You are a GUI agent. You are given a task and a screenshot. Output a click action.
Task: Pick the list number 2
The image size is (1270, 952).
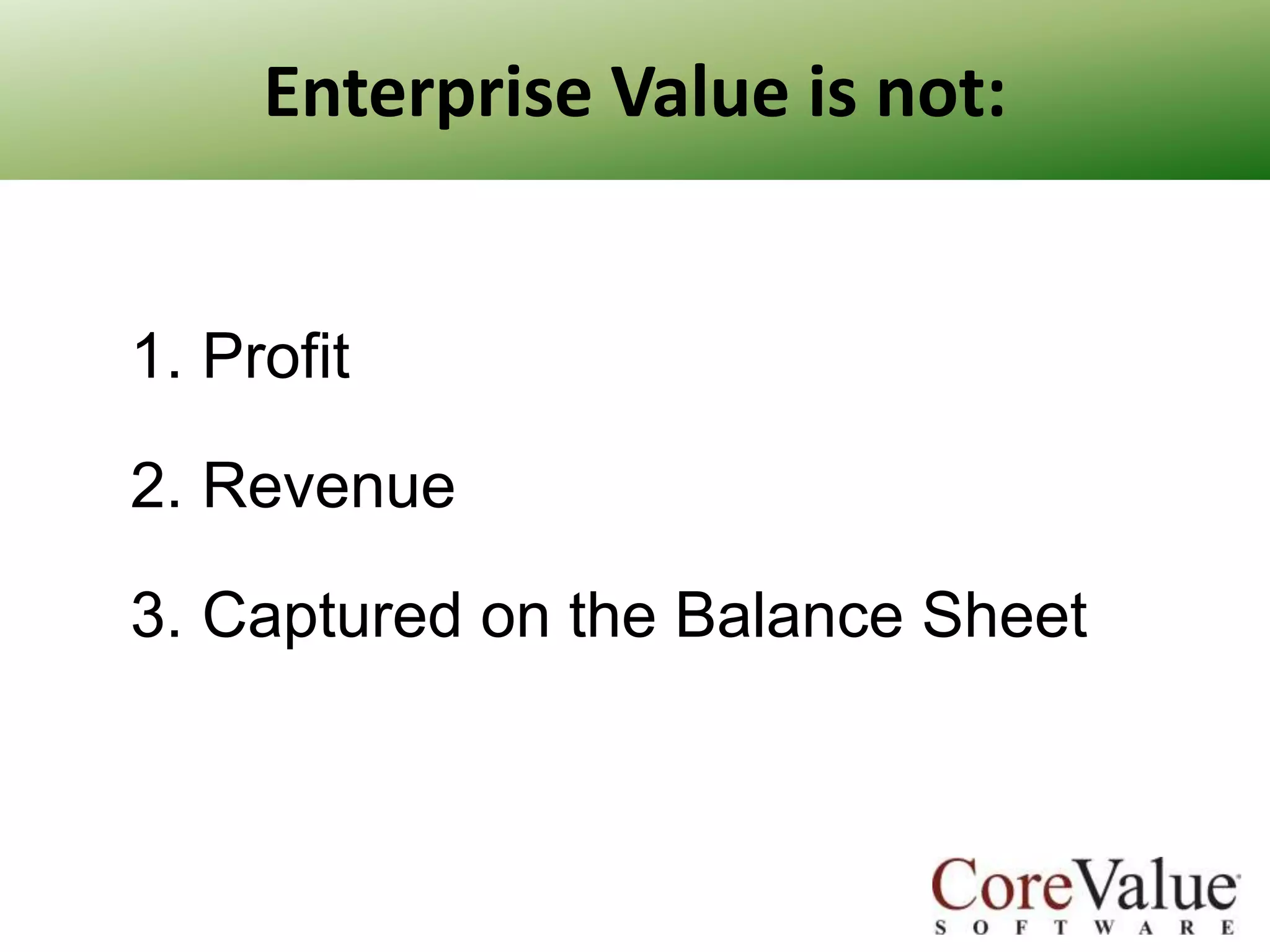153,486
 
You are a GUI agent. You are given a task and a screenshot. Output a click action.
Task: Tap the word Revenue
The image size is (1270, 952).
329,486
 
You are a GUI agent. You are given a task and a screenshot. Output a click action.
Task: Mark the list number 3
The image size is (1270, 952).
153,615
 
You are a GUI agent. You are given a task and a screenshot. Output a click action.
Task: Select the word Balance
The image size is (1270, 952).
788,615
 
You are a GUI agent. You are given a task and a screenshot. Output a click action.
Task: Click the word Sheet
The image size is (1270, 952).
1005,615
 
